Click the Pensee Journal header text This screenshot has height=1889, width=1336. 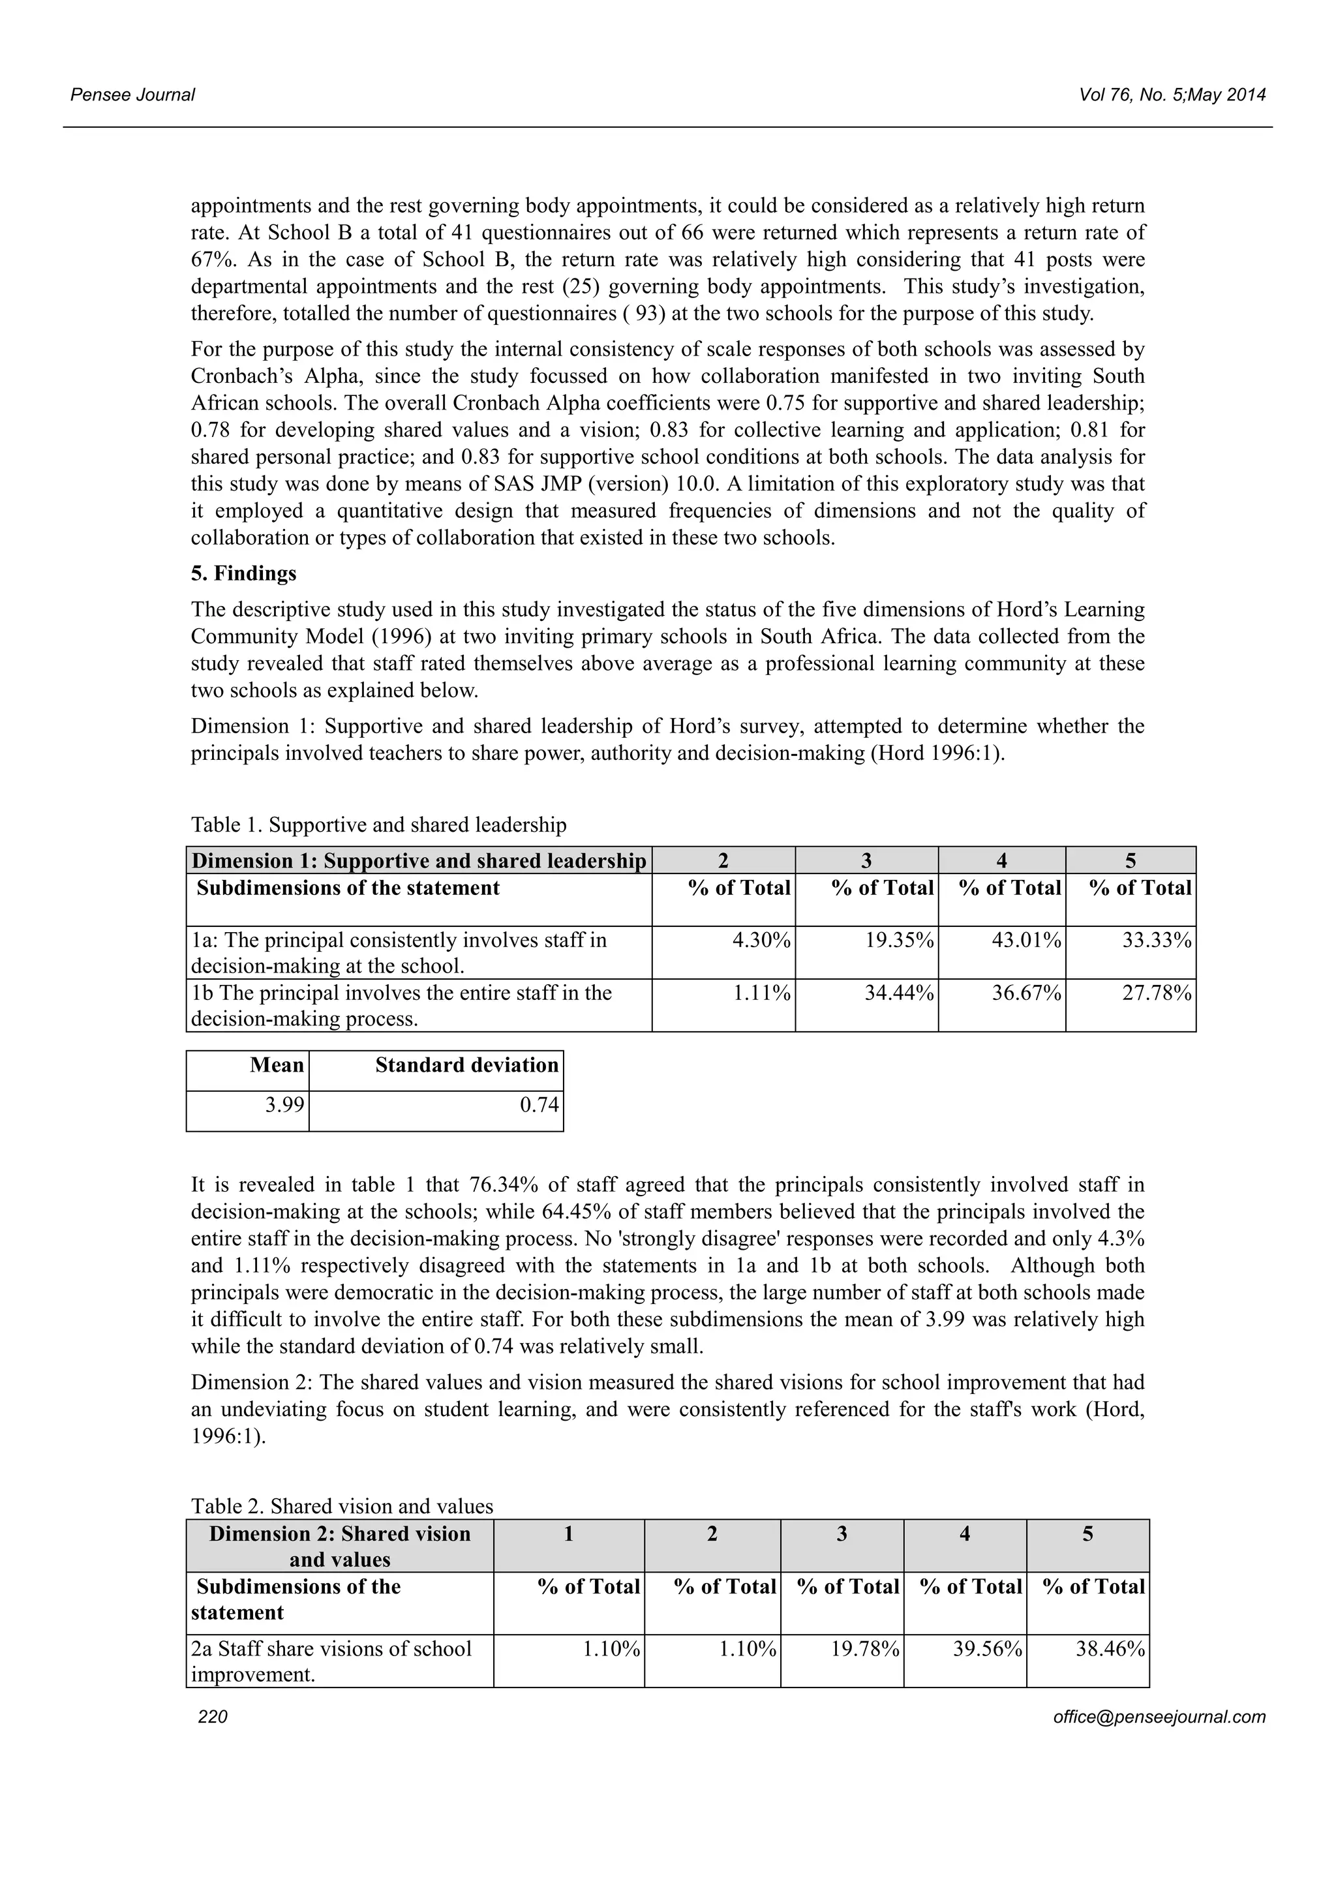pyautogui.click(x=132, y=95)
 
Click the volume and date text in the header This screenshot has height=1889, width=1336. pyautogui.click(x=1172, y=95)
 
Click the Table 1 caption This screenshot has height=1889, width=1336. pyautogui.click(x=378, y=824)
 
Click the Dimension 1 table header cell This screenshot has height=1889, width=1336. pyautogui.click(x=419, y=860)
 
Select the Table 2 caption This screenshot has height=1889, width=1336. pyautogui.click(x=341, y=1505)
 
